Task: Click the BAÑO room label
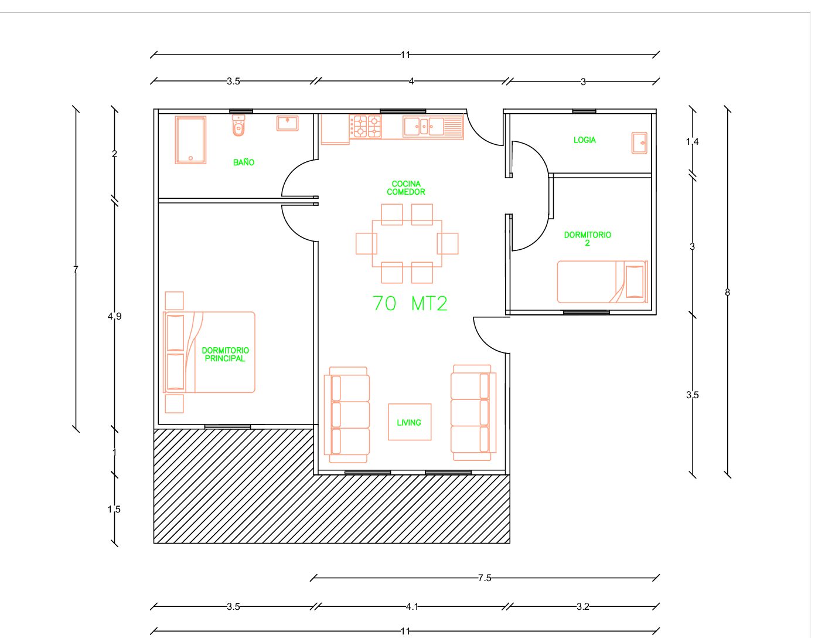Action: pos(243,162)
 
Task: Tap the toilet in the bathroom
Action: pos(238,125)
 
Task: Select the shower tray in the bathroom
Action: pos(190,140)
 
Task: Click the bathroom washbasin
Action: pos(287,123)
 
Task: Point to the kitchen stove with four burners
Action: pos(365,127)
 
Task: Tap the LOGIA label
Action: pos(584,140)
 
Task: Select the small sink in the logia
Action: pos(639,143)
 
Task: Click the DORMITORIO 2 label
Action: pos(587,239)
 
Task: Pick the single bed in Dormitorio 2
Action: pos(602,281)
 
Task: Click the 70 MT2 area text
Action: pos(410,304)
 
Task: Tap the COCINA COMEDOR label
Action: pos(406,188)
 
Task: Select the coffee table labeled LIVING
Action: pos(410,422)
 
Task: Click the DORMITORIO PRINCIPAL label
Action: pos(225,354)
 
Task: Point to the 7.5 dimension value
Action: pos(485,578)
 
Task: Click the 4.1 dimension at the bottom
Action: pos(412,607)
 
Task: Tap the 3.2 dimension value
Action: pos(583,607)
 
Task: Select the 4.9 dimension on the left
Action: pos(114,316)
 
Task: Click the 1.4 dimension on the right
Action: pos(692,142)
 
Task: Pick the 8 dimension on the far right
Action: pos(727,292)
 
